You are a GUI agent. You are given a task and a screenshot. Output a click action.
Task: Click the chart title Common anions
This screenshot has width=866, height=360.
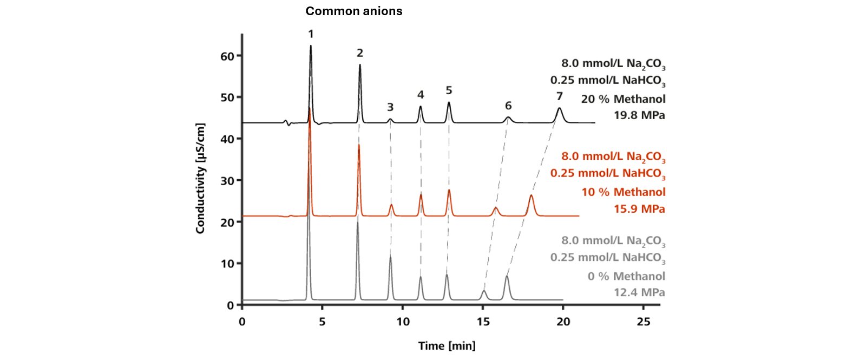click(x=353, y=11)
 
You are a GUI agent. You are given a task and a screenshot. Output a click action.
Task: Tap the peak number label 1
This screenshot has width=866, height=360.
click(x=311, y=34)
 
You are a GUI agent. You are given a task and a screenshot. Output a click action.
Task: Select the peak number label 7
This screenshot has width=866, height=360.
click(x=559, y=96)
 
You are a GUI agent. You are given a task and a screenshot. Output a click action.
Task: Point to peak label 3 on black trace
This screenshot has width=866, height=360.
click(x=390, y=107)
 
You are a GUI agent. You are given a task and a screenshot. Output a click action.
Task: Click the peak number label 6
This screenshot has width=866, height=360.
click(x=508, y=106)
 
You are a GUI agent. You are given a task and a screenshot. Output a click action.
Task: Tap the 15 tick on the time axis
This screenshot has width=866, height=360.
click(x=483, y=322)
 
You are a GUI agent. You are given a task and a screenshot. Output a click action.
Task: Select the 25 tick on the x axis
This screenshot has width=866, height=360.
click(x=643, y=322)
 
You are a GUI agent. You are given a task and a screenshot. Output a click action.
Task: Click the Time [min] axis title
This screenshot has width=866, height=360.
click(x=447, y=346)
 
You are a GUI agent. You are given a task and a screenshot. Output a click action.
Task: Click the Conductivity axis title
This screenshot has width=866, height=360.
click(x=200, y=179)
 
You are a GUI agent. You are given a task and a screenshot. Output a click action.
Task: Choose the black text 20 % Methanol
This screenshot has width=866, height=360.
click(x=623, y=99)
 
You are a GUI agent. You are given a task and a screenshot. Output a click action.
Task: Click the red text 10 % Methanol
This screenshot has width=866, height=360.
click(x=623, y=192)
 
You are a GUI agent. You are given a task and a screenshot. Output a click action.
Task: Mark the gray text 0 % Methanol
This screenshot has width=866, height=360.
click(x=626, y=276)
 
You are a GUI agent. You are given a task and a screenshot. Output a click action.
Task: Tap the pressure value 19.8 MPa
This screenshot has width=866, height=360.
click(x=639, y=115)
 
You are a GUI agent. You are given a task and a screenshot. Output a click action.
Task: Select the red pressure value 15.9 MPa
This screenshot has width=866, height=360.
click(x=639, y=209)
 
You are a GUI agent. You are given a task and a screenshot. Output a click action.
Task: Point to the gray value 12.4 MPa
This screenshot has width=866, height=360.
click(x=639, y=293)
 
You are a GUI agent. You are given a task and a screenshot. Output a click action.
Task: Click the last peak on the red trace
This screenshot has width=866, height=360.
click(x=531, y=196)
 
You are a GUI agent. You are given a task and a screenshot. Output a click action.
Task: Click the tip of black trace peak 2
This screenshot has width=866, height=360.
click(x=360, y=65)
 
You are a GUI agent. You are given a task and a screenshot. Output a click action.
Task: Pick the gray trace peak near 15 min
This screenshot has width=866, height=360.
click(x=484, y=291)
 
